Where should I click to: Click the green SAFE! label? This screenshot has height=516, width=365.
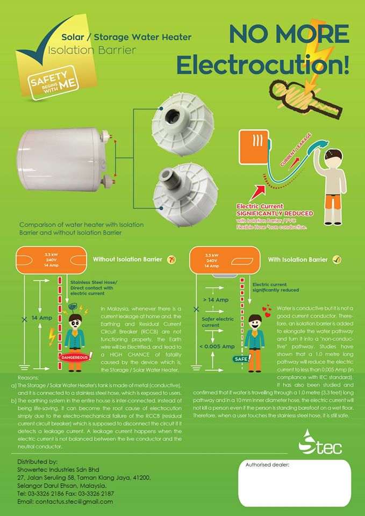click(x=240, y=357)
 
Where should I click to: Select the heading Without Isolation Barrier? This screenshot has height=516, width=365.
click(x=127, y=260)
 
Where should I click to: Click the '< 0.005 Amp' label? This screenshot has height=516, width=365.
click(x=216, y=346)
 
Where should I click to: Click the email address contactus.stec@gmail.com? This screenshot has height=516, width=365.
click(x=65, y=501)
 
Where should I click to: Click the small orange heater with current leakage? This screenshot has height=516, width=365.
click(x=257, y=145)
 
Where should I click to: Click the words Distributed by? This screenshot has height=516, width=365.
click(x=37, y=462)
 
